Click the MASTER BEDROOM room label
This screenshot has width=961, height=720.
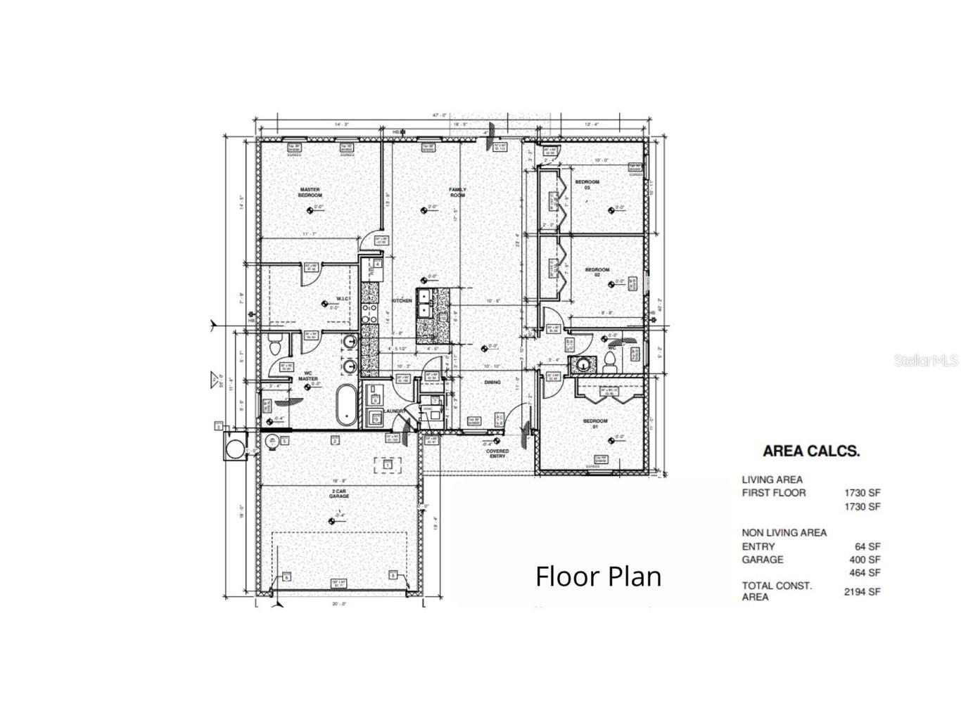[310, 192]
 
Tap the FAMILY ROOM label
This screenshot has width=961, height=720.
[458, 192]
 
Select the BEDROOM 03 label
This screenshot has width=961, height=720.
[587, 185]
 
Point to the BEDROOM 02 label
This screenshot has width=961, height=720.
[597, 272]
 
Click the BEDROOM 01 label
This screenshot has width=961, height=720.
[594, 424]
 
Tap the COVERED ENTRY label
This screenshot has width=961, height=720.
[497, 454]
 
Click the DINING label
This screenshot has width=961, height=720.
[492, 382]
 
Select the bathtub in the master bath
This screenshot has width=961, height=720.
[346, 405]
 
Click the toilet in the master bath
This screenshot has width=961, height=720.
[275, 346]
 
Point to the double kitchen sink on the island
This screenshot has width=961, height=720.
[424, 303]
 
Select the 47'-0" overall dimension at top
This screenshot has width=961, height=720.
[440, 115]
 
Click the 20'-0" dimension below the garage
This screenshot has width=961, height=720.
[338, 603]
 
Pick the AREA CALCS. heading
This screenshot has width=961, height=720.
[811, 451]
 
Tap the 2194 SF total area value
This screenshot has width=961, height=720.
[862, 591]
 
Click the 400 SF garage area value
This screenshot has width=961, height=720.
[865, 560]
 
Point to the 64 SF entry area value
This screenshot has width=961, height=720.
[867, 546]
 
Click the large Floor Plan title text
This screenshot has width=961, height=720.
[598, 576]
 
